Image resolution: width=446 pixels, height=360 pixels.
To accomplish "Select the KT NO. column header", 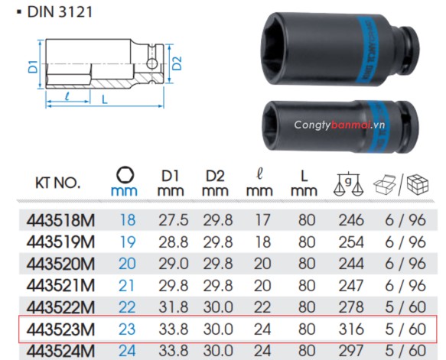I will [58, 183].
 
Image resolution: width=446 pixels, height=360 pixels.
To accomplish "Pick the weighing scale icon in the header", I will [343, 183].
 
